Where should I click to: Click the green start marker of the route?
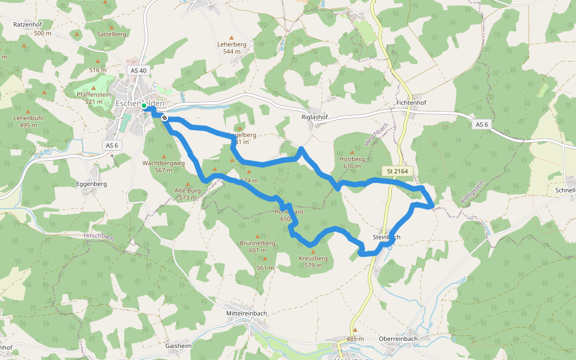[x=144, y=106]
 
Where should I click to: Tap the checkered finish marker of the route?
[x=164, y=118]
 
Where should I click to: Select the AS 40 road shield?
[x=138, y=71]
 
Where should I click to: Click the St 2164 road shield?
[x=397, y=172]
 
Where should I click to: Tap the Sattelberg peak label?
[x=112, y=34]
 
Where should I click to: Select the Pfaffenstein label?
[x=94, y=94]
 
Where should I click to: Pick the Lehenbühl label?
[x=29, y=118]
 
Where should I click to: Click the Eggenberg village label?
[x=92, y=184]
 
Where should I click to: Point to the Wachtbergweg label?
[x=163, y=163]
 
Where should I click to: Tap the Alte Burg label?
[x=187, y=190]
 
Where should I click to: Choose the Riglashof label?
[x=314, y=117]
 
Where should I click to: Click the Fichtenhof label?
[x=411, y=103]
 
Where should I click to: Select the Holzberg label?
[x=352, y=158]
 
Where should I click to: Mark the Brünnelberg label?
[x=257, y=243]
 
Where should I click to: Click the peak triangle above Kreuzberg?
[x=313, y=251]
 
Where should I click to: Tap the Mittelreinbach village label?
[x=247, y=313]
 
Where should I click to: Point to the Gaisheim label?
[x=178, y=346]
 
